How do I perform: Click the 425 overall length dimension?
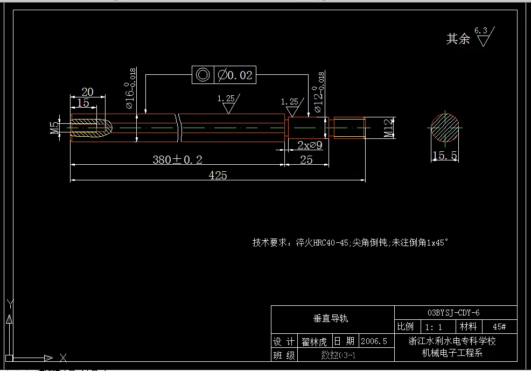tap(218, 175)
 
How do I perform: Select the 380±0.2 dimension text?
tap(177, 159)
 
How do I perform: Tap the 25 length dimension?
tap(306, 159)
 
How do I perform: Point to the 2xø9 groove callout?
tap(310, 144)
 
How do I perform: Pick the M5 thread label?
tap(54, 128)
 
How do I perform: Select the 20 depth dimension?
tap(87, 92)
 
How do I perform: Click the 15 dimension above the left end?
tap(83, 102)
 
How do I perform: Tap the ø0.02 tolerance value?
tap(235, 75)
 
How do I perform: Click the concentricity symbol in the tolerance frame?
tap(202, 75)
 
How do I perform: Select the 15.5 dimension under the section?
tap(445, 156)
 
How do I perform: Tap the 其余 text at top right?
tap(458, 39)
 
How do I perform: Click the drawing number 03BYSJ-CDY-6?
tap(453, 313)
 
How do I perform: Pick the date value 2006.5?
tap(374, 341)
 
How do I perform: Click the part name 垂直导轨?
tap(331, 318)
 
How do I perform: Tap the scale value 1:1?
tap(434, 327)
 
